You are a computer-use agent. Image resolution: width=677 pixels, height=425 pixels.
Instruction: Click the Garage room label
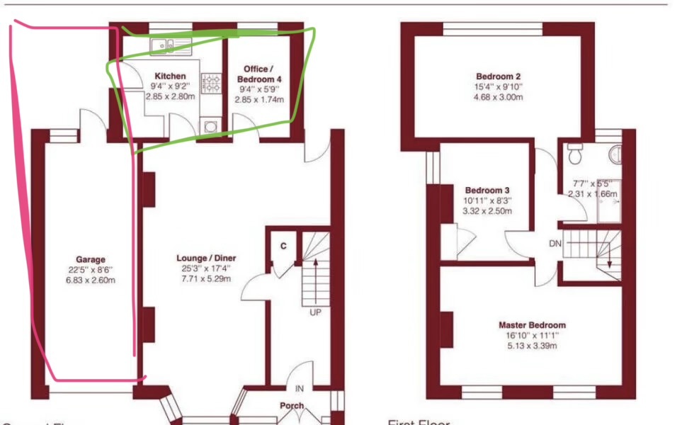91,259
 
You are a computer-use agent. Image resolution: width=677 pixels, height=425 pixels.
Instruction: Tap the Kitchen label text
170,76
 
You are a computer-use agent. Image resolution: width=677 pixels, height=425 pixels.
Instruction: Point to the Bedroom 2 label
498,76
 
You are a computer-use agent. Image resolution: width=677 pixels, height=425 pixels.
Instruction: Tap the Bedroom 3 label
487,191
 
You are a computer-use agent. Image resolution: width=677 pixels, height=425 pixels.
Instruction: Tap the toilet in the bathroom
575,151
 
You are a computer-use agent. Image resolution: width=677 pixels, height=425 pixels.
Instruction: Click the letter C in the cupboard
284,246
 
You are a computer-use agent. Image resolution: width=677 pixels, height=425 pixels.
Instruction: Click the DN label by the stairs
556,243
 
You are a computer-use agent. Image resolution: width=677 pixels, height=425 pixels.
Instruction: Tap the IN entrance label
300,389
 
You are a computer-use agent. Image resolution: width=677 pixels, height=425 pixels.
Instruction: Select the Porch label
292,407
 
